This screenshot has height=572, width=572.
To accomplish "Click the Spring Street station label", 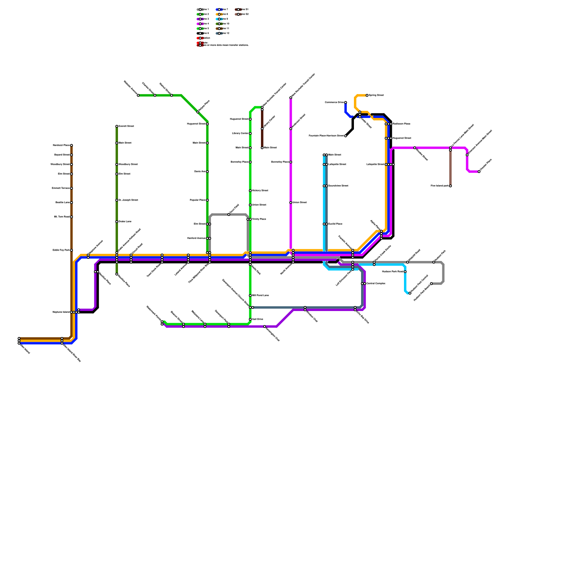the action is point(376,95).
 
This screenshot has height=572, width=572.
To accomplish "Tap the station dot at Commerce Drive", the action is point(346,103).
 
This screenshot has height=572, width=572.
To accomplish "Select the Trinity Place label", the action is point(259,219).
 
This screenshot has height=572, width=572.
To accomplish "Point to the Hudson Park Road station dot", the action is point(405,272).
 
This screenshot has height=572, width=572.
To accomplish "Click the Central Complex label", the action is point(376,283).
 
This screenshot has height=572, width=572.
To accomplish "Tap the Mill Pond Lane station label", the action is point(260,296).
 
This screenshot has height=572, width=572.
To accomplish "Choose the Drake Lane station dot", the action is point(117,222).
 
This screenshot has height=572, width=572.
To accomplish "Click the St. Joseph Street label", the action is point(128,200).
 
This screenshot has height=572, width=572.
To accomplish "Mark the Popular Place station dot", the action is point(207,200).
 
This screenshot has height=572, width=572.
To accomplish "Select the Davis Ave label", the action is point(200,172).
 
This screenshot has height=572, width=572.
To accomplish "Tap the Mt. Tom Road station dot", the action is point(71,217).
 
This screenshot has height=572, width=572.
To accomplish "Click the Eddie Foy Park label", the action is point(61,250).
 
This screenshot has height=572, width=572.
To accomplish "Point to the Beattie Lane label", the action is point(63,203).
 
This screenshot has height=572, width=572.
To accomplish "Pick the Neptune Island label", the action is point(61,312).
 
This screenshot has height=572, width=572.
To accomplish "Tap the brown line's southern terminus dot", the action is point(19,339).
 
